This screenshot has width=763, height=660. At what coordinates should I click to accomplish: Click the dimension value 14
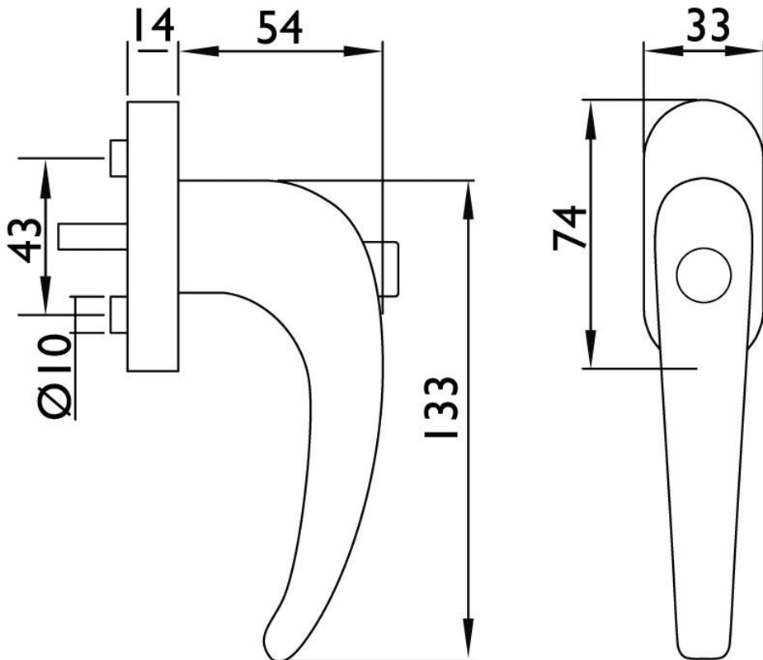coord(153,26)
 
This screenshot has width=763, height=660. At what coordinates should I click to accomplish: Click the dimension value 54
coord(279,28)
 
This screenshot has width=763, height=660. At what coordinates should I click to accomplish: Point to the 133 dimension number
coord(441,407)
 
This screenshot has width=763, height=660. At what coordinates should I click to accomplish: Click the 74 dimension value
coord(569,228)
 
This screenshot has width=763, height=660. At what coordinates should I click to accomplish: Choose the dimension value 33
coord(708,26)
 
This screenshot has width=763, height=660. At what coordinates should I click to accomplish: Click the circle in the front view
coord(704,275)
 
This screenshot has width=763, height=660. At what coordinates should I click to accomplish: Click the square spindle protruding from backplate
coord(93,237)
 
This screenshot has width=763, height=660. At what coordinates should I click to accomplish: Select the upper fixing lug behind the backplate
coord(119,158)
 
